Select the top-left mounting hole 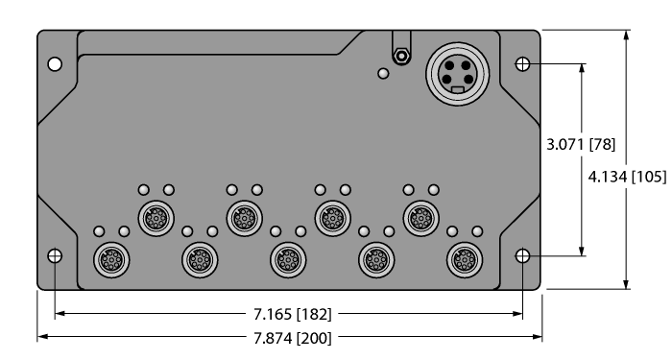coord(55,64)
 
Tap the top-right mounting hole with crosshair coord(522,64)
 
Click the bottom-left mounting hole coord(55,256)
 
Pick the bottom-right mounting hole coord(522,256)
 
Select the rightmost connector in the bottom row coord(465,257)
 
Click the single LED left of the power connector coord(383,74)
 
